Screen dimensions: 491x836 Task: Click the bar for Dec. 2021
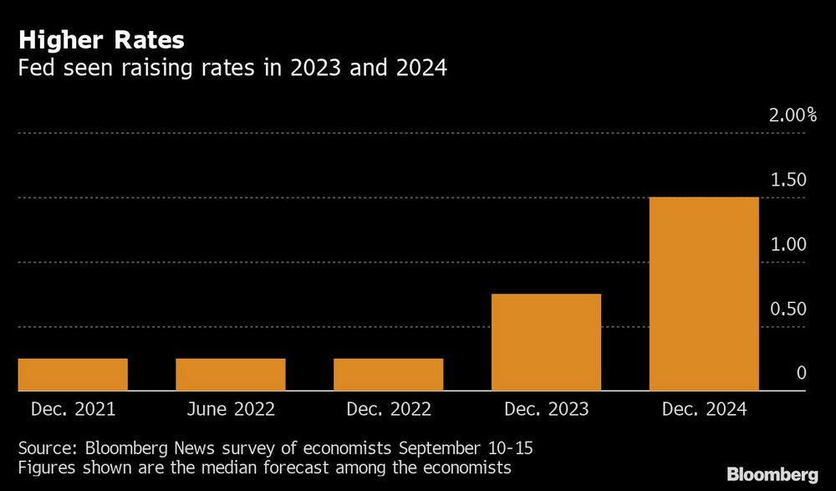[x=73, y=375]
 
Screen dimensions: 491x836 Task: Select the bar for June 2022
[x=231, y=375]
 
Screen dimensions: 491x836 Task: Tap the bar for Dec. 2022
[x=389, y=375]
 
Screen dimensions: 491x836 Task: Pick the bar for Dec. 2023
[x=547, y=342]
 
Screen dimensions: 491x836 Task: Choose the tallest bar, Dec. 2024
[x=704, y=294]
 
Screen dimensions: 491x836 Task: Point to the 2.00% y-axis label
[x=793, y=115]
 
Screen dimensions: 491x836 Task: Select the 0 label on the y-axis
[x=801, y=373]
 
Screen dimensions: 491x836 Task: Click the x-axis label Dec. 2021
[x=73, y=410]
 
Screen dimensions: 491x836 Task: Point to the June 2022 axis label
[x=231, y=410]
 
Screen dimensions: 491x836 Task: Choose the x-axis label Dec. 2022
[x=389, y=410]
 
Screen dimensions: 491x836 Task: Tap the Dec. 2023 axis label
[x=547, y=410]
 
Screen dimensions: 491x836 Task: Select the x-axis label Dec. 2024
[x=704, y=410]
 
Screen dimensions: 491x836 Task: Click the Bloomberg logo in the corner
[x=772, y=474]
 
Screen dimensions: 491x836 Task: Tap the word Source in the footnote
[x=45, y=448]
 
